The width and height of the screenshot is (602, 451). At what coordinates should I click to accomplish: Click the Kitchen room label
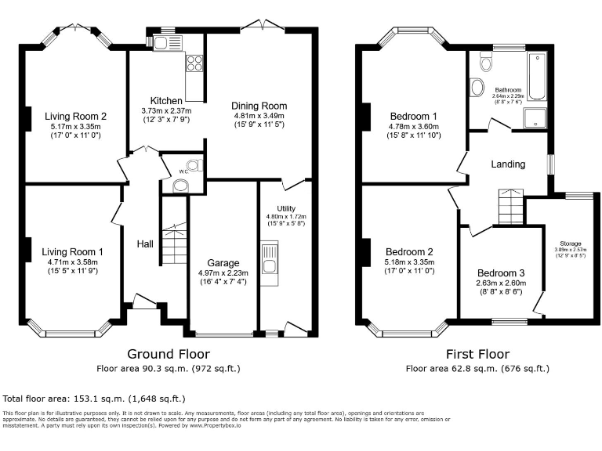click(x=166, y=101)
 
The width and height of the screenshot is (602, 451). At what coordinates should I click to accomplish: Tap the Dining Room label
click(x=260, y=106)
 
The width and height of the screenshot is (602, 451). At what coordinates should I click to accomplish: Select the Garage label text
click(x=223, y=262)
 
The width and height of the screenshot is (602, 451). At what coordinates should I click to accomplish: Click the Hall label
click(x=145, y=244)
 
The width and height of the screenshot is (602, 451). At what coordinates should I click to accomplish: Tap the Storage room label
click(x=571, y=244)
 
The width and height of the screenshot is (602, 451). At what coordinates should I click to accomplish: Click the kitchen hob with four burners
click(x=194, y=63)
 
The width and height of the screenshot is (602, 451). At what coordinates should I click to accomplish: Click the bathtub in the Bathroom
click(x=537, y=77)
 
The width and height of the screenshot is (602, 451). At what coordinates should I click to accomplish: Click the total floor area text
click(x=95, y=398)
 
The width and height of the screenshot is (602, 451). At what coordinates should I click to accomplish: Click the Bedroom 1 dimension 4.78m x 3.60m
click(x=414, y=126)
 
